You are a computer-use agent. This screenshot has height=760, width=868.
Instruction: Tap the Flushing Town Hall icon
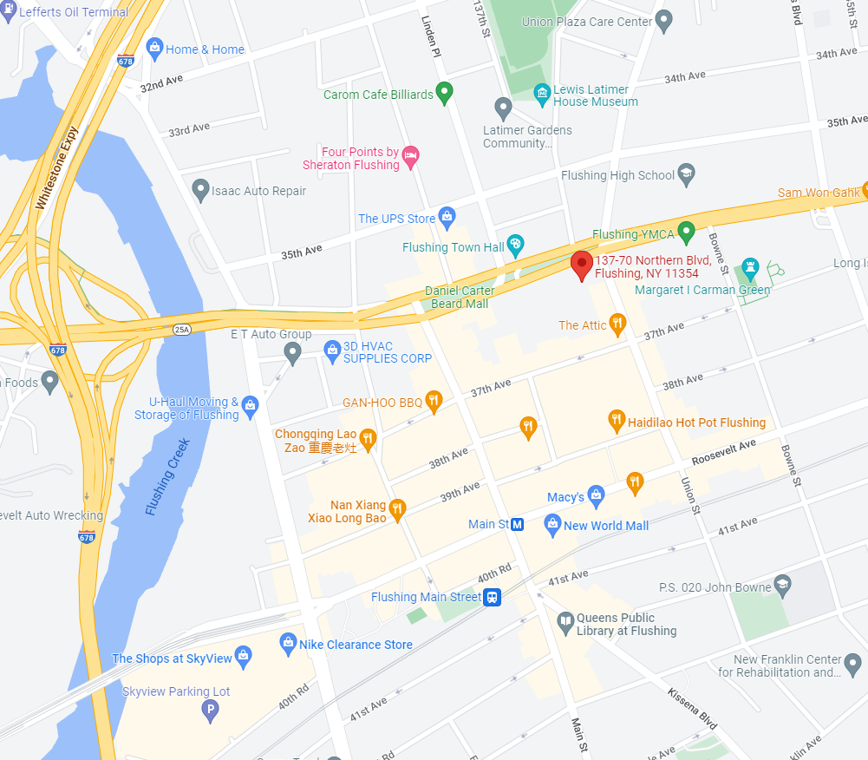pyautogui.click(x=516, y=246)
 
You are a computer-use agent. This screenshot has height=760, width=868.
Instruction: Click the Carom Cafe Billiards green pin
pyautogui.click(x=445, y=92)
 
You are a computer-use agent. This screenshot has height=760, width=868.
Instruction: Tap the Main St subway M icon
pyautogui.click(x=518, y=524)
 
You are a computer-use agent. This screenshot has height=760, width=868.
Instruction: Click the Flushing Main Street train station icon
pyautogui.click(x=493, y=597)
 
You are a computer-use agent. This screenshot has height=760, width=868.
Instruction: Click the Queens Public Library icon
pyautogui.click(x=565, y=622)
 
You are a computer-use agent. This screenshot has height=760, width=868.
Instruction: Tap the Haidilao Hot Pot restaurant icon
pyautogui.click(x=617, y=421)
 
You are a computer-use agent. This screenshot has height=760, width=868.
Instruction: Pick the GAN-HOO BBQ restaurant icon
pyautogui.click(x=434, y=400)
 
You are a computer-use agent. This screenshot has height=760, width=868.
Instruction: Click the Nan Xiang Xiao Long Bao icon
pyautogui.click(x=398, y=508)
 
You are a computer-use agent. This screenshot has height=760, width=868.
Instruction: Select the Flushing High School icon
pyautogui.click(x=687, y=174)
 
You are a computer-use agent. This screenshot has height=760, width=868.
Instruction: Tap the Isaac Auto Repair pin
pyautogui.click(x=200, y=189)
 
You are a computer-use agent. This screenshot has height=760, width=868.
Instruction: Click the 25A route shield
pyautogui.click(x=182, y=330)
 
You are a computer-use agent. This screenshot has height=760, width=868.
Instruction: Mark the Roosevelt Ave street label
pyautogui.click(x=724, y=449)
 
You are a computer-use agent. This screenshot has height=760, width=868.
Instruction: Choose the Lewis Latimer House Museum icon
pyautogui.click(x=542, y=94)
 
